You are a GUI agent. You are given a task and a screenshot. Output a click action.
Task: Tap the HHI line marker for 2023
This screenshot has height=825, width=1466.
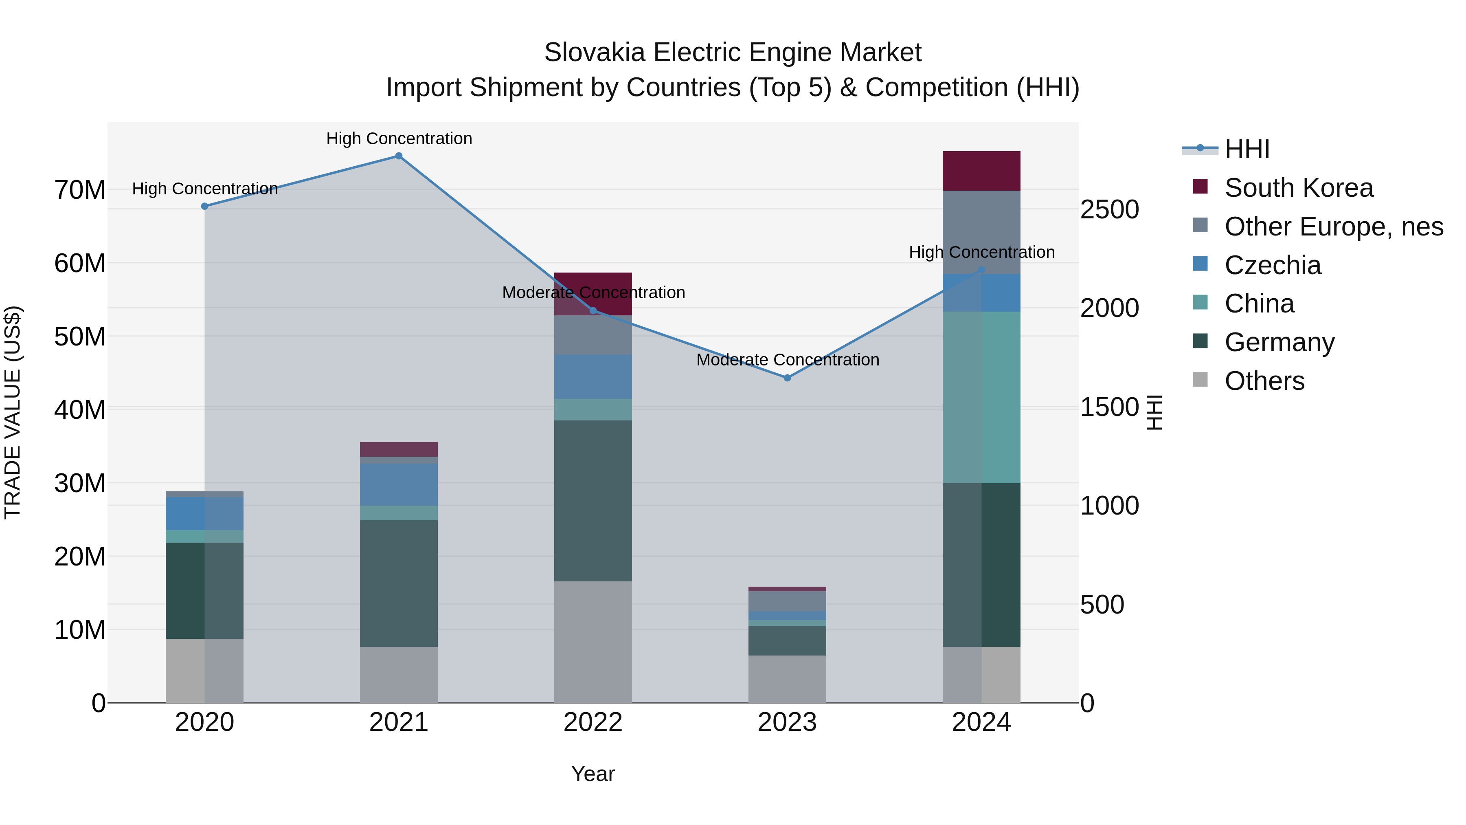(787, 378)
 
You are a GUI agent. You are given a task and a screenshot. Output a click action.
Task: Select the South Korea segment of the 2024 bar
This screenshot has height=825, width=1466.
(981, 171)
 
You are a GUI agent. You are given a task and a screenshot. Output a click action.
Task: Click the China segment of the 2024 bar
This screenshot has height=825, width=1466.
(981, 397)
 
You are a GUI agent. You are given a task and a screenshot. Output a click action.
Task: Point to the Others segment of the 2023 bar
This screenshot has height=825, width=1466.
(787, 679)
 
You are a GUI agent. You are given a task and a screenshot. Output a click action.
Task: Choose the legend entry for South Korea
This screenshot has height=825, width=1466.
(1298, 188)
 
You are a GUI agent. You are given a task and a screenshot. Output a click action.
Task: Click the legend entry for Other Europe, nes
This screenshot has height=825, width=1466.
(1333, 227)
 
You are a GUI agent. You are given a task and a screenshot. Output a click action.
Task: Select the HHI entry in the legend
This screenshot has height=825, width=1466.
(1247, 149)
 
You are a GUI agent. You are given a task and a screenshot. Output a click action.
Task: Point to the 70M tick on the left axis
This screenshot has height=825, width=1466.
(80, 189)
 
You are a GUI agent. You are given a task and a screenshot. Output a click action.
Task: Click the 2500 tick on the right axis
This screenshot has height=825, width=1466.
(1109, 209)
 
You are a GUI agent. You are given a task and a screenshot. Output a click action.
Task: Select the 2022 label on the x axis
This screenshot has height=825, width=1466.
(593, 722)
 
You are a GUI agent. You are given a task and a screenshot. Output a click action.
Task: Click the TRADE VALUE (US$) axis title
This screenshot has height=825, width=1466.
(13, 412)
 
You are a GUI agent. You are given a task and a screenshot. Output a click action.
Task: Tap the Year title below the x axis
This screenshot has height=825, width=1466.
(593, 774)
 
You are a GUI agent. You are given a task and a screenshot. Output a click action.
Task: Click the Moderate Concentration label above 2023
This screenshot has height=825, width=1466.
(788, 360)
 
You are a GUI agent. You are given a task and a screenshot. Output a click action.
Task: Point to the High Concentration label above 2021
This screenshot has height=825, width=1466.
(399, 139)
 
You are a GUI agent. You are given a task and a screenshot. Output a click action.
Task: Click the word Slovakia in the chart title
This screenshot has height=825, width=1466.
(594, 53)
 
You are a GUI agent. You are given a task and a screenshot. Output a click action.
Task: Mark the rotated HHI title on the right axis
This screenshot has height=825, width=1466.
(1154, 412)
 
